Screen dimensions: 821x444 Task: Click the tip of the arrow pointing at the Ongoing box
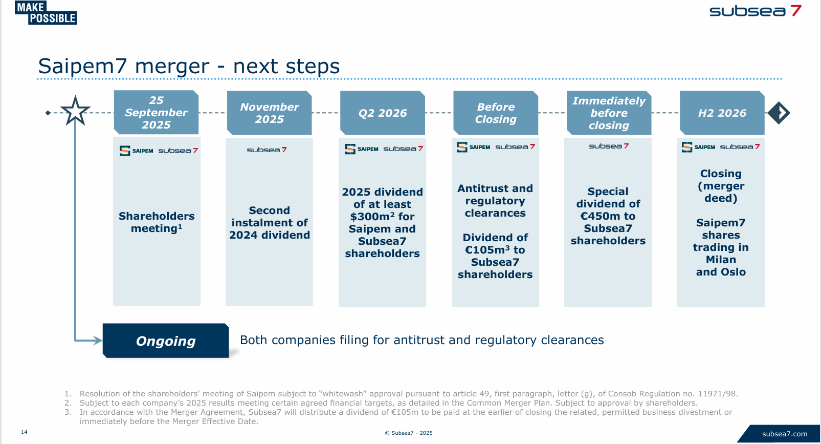point(102,341)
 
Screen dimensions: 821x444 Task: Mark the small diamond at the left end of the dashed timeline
point(48,113)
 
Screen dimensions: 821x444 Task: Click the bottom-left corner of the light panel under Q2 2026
point(339,306)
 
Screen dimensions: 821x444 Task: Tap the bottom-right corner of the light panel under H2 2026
point(765,306)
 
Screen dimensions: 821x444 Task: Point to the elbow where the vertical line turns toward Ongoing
point(75,341)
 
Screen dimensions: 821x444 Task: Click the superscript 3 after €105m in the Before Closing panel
point(507,248)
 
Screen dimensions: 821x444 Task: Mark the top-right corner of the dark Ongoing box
point(228,324)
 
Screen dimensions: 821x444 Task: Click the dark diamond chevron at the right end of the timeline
point(779,113)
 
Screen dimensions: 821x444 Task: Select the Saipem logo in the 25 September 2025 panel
point(137,151)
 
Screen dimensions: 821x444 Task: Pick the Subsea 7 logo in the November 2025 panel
point(267,150)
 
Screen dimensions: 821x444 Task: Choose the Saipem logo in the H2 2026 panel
point(698,147)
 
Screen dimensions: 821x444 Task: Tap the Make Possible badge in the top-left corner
point(46,13)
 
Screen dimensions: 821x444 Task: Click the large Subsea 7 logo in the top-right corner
point(756,11)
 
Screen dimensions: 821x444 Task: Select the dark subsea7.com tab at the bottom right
point(779,434)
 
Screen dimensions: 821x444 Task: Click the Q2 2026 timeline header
point(383,113)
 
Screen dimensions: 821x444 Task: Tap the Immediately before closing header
point(609,113)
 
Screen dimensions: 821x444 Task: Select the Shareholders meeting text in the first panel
point(157,222)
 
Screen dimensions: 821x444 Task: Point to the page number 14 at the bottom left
point(24,432)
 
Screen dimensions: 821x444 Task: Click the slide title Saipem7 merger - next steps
point(189,66)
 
